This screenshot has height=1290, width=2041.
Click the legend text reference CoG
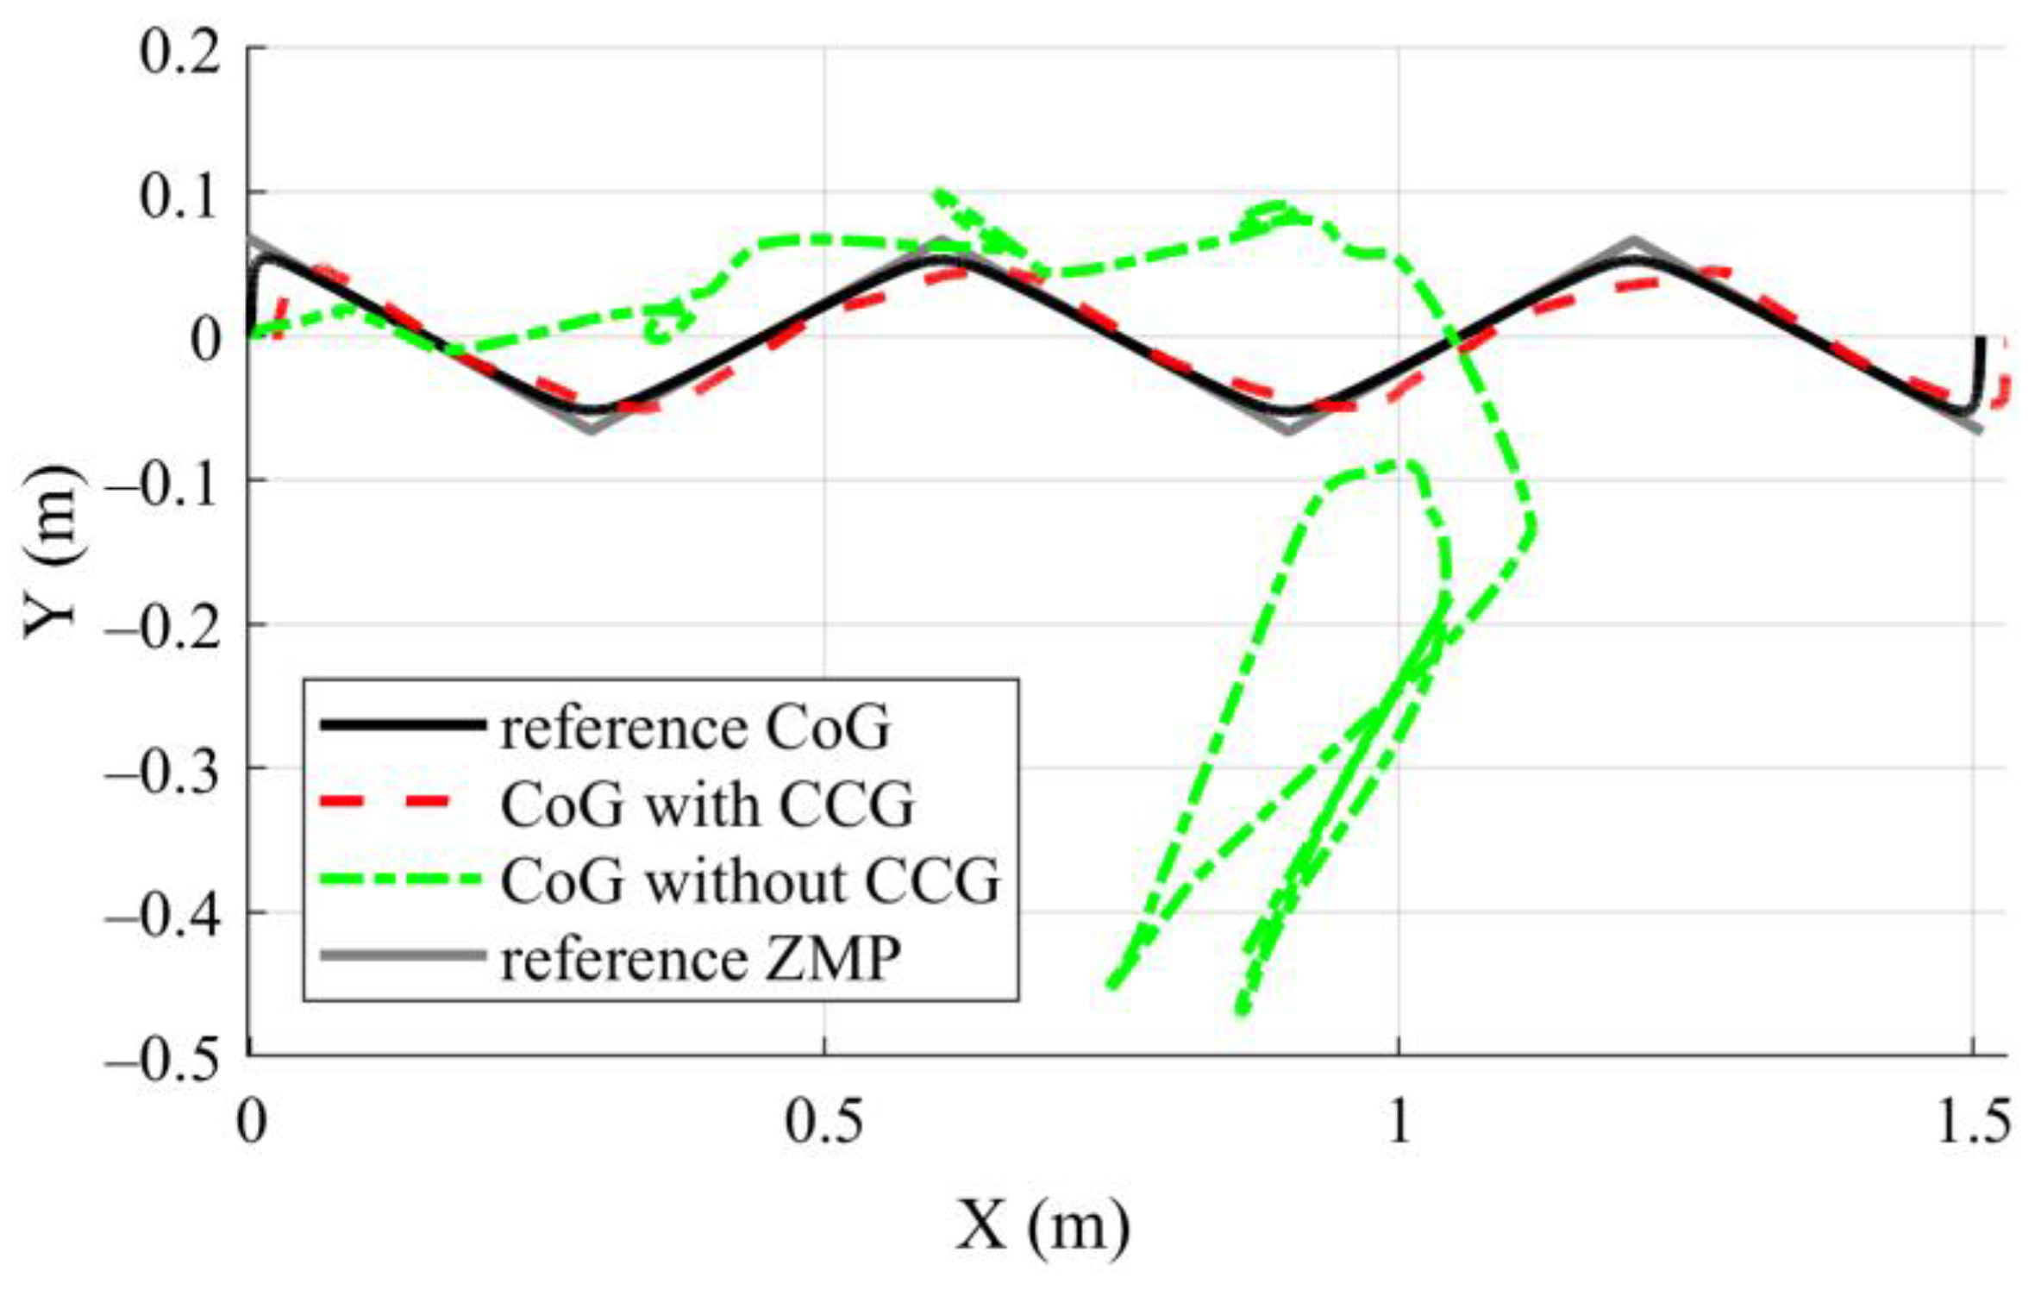(x=695, y=729)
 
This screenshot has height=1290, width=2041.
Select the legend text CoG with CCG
(x=707, y=805)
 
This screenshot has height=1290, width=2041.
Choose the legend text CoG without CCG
(x=750, y=881)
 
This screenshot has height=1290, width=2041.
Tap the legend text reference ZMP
(x=700, y=958)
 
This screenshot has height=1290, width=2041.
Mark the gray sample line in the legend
(x=401, y=955)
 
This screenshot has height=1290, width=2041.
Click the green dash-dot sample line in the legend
(x=401, y=880)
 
